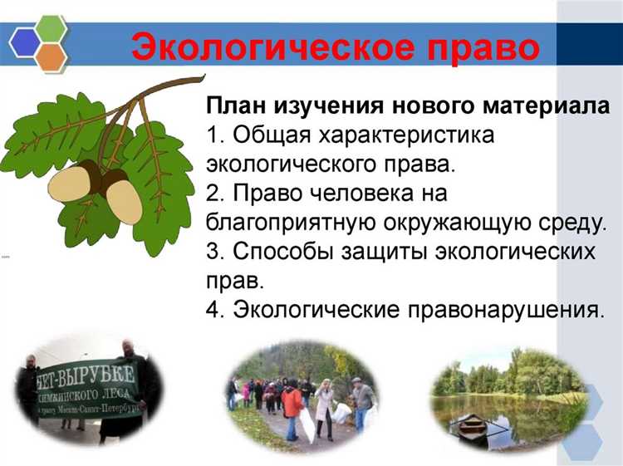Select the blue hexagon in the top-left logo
pos(24,38)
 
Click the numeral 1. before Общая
pos(214,135)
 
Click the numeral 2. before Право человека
pos(215,194)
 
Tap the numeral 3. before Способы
pos(215,253)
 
